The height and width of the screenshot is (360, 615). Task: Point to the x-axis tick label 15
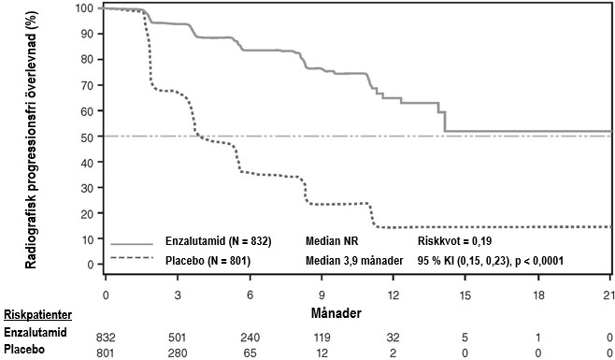tap(465, 295)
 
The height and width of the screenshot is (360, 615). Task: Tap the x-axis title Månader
tap(336, 313)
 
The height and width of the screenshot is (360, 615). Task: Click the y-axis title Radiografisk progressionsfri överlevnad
tap(31, 138)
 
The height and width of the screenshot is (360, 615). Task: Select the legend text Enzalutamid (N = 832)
tap(218, 240)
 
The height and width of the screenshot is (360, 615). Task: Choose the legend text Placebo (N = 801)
tap(207, 260)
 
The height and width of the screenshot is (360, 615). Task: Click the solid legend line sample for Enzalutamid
tap(132, 244)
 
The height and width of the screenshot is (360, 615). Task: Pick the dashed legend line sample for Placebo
tap(132, 258)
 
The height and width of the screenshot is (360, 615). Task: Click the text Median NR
tap(332, 240)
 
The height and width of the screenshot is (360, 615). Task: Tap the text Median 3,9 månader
tap(354, 261)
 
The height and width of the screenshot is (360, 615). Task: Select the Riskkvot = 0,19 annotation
tap(454, 241)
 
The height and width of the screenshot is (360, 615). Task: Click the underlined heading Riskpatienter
tap(37, 315)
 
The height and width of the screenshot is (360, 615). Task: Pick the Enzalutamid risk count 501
tap(178, 338)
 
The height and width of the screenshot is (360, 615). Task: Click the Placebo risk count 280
tap(178, 353)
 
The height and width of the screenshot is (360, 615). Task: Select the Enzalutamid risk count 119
tap(322, 338)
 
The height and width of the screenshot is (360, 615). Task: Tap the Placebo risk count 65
tap(250, 353)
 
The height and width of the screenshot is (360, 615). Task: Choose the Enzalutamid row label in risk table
tap(36, 333)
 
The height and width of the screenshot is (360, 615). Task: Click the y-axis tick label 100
tap(85, 8)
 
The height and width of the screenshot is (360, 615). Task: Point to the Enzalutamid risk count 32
tap(393, 338)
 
